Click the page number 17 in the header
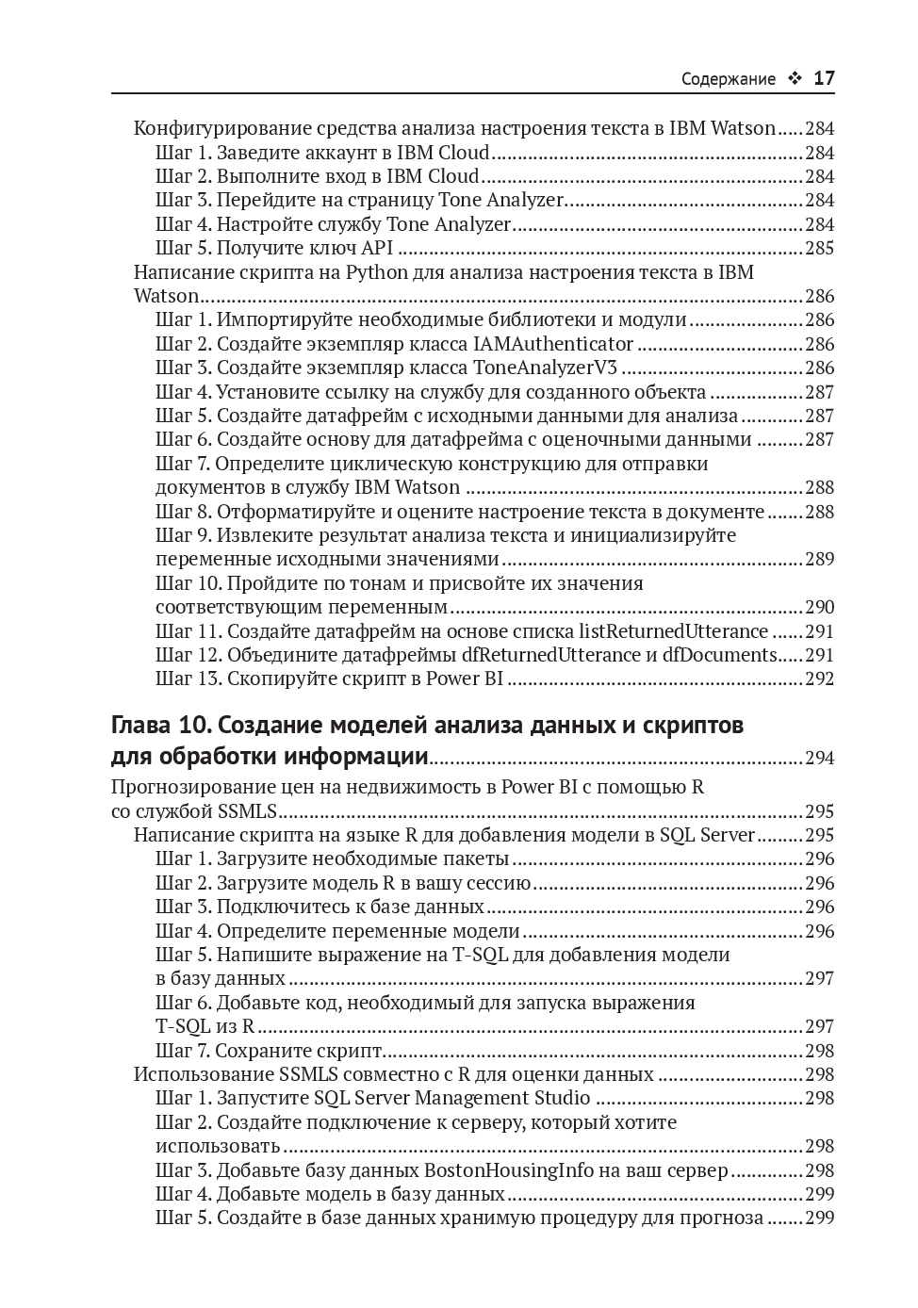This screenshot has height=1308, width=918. (823, 78)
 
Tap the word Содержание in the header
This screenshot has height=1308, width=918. (728, 79)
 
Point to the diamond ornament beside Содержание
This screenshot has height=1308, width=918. (794, 79)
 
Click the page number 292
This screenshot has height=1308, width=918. (819, 679)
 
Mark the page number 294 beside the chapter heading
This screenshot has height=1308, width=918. (819, 758)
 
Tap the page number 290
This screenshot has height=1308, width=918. (819, 608)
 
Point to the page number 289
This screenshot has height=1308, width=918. (819, 560)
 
